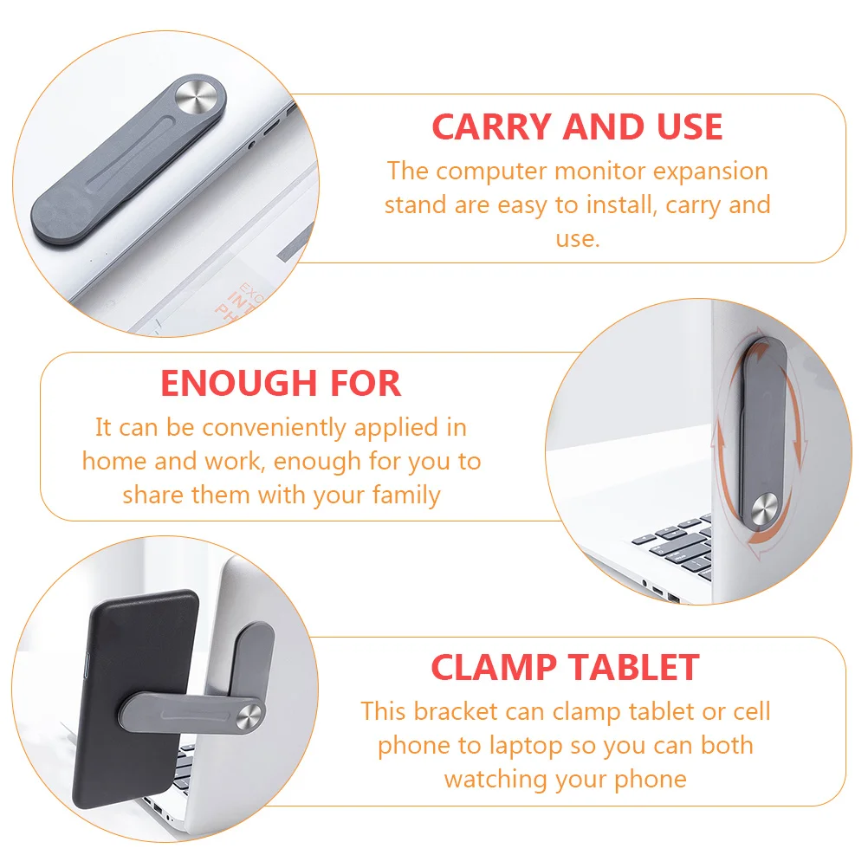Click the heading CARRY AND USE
pos(577,126)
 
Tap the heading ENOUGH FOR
pos(281,383)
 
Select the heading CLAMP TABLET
pos(565,667)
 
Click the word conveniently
pos(274,428)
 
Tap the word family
pos(406,495)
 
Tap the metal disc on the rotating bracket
pos(765,507)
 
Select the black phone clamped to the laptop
pos(136,698)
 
